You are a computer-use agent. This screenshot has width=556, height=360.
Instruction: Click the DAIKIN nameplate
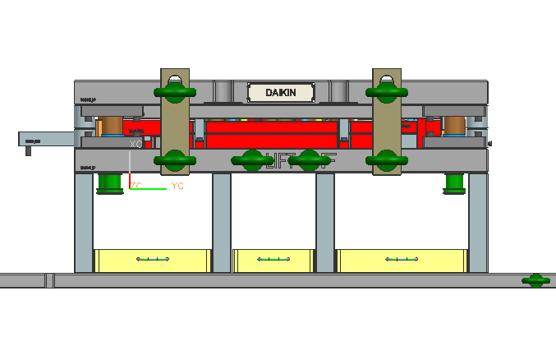[x=280, y=93]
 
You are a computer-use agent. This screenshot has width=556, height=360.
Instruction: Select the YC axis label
[x=177, y=187]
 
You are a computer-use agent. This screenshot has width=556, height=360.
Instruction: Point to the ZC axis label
[x=136, y=187]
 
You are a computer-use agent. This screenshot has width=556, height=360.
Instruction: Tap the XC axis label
[x=136, y=144]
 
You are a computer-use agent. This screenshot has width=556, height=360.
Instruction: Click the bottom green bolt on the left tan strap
[x=174, y=159]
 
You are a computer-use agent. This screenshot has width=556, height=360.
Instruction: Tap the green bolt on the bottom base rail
[x=535, y=281]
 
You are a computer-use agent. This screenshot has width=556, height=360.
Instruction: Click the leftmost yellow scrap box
[x=153, y=261]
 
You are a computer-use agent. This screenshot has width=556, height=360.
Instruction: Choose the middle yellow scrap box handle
[x=273, y=260]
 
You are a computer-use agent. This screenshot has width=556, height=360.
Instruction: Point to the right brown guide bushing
[x=453, y=126]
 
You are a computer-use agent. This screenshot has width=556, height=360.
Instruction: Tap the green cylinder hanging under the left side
[x=108, y=183]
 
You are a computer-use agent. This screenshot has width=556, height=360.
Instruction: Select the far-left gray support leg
[x=84, y=222]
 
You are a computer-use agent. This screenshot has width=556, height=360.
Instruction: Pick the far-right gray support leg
[x=478, y=222]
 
